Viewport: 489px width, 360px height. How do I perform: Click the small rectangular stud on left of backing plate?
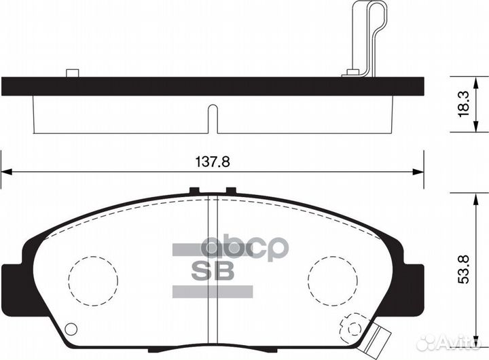coord(72,73)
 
